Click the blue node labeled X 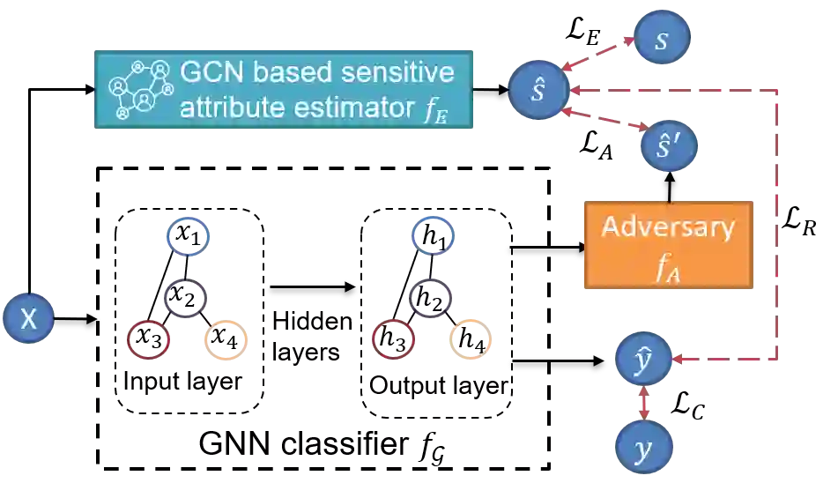28,319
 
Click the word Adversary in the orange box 667,227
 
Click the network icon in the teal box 138,89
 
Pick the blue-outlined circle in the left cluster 187,235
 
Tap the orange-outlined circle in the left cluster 227,341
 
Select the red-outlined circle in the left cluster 147,339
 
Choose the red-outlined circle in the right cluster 392,339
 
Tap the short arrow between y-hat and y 645,404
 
